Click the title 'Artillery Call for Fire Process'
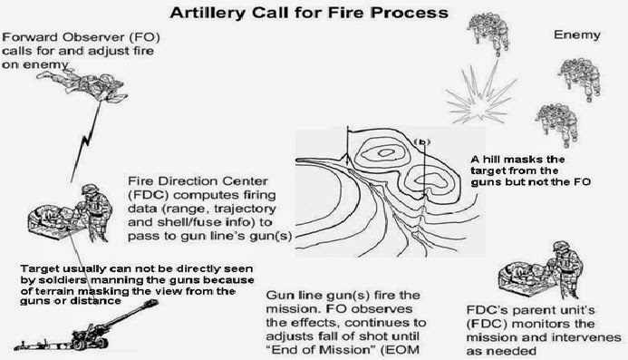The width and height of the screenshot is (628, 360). [309, 13]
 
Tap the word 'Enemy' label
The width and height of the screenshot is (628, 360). [576, 35]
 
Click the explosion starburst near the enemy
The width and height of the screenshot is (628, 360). [481, 92]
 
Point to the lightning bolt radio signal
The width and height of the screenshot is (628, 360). [86, 141]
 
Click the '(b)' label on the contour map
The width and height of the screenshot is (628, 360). [421, 142]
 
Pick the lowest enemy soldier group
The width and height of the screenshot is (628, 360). [557, 124]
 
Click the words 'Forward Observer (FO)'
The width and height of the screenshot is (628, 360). [81, 37]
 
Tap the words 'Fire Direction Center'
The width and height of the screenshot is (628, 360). [198, 181]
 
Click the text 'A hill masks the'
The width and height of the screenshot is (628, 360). [517, 160]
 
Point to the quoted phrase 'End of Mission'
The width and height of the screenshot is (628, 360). [321, 350]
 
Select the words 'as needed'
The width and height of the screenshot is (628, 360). [501, 351]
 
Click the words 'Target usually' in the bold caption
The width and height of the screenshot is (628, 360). [63, 268]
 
